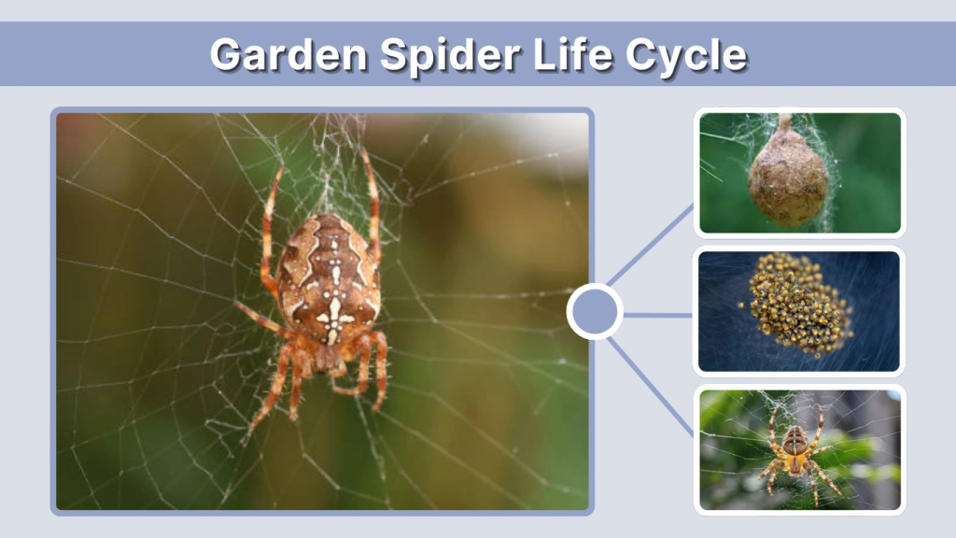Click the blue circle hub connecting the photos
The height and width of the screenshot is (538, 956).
pos(595,312)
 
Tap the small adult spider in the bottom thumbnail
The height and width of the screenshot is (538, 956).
pos(795,446)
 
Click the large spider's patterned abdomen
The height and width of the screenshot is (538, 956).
pos(330,271)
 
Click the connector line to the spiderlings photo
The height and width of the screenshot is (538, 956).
pos(659,315)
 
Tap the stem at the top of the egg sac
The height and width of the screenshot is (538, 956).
pos(786,122)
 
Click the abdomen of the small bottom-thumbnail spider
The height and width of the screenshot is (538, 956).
pos(795,439)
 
